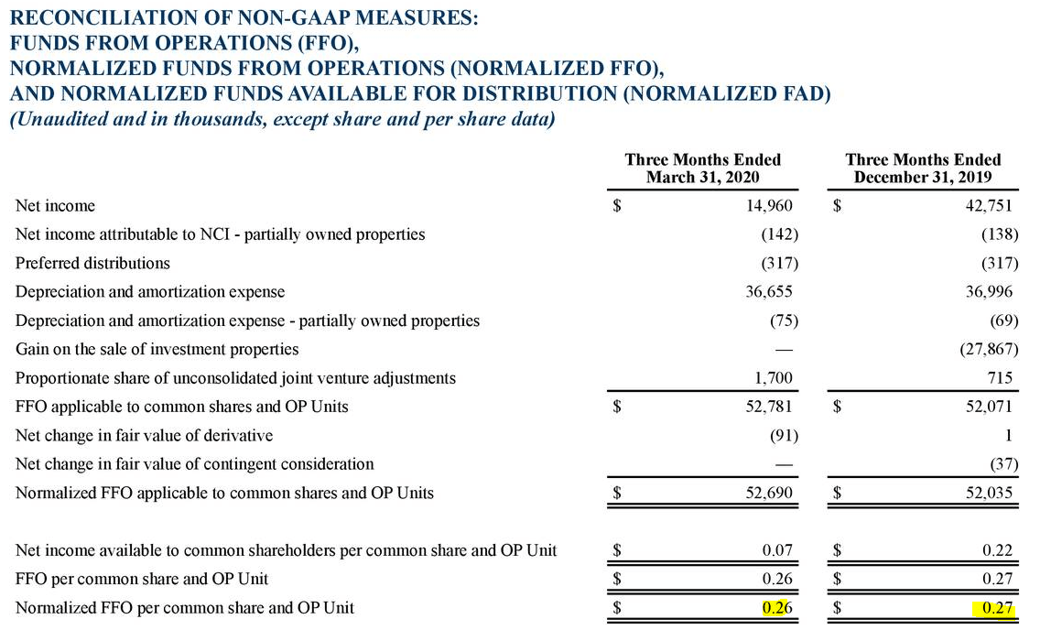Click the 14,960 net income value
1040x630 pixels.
(x=769, y=206)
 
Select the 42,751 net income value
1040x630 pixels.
(x=989, y=206)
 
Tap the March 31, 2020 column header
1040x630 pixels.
(x=702, y=168)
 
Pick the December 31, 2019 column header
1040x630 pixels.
(x=923, y=168)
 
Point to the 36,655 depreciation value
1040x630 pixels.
(x=769, y=292)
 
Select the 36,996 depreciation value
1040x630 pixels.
(x=989, y=292)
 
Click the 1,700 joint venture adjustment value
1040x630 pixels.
(x=773, y=378)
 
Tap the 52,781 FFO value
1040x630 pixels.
(x=769, y=407)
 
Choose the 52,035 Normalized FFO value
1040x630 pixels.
(x=989, y=493)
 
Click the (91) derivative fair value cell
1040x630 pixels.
(x=784, y=436)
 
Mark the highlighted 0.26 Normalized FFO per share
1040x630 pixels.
(x=776, y=607)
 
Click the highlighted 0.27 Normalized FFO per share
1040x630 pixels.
(x=995, y=608)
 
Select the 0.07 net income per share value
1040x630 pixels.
(x=776, y=550)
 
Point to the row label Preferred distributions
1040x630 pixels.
(x=92, y=264)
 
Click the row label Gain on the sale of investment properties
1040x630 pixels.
(x=157, y=350)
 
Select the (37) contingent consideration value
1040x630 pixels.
(x=1003, y=464)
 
